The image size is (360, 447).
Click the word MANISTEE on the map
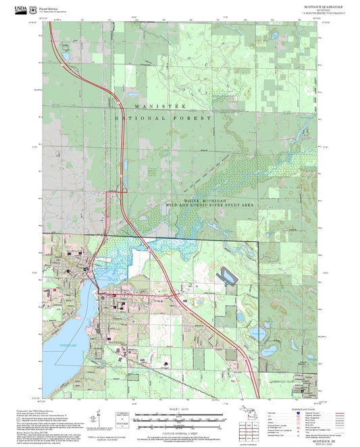coord(159,107)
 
